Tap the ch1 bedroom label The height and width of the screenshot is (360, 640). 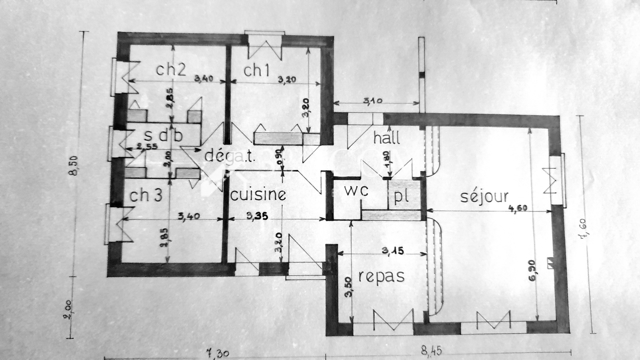256,70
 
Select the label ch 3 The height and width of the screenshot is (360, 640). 146,196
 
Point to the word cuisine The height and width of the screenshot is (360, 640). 258,195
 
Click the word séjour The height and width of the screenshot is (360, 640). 484,196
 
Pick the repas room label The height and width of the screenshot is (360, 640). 381,276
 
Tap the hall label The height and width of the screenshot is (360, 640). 386,138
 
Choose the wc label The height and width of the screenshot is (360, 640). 356,191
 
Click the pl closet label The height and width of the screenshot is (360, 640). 401,197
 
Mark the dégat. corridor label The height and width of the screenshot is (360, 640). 230,155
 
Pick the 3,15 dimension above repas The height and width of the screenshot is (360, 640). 392,251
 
